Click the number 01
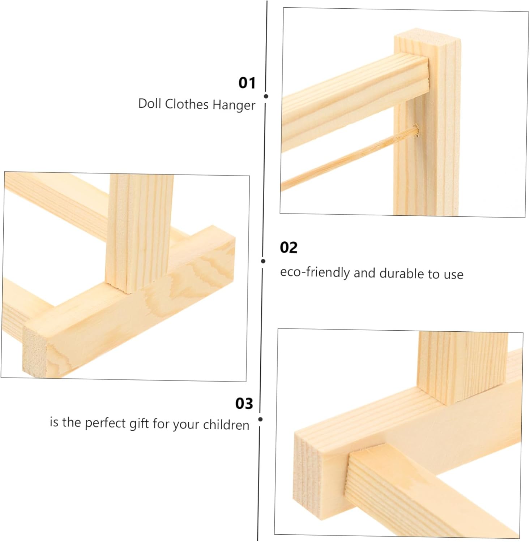pyautogui.click(x=247, y=83)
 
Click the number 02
pyautogui.click(x=288, y=248)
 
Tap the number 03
pyautogui.click(x=244, y=404)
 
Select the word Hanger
pyautogui.click(x=234, y=105)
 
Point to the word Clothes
pyautogui.click(x=187, y=104)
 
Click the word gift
pyautogui.click(x=139, y=423)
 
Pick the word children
pyautogui.click(x=226, y=425)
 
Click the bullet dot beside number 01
pyautogui.click(x=266, y=96)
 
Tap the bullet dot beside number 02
pyautogui.click(x=263, y=261)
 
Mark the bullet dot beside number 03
pyautogui.click(x=260, y=420)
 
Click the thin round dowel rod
pyautogui.click(x=349, y=158)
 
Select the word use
pyautogui.click(x=453, y=275)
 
